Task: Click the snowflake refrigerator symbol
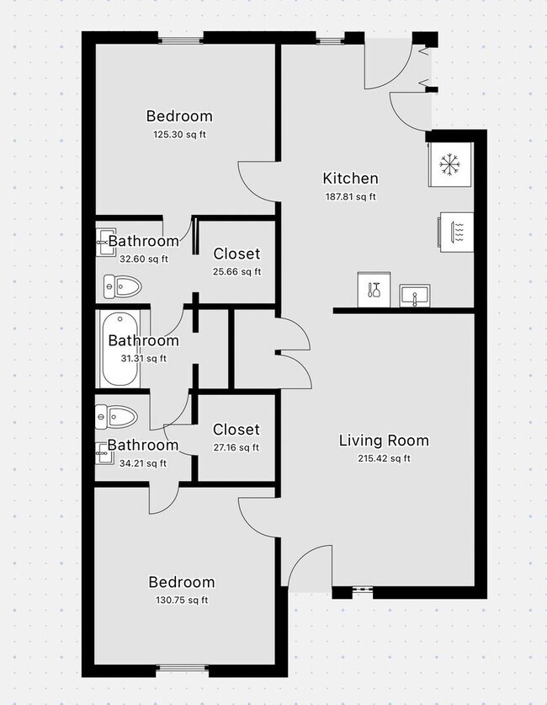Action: click(449, 164)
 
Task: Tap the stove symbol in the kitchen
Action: click(456, 232)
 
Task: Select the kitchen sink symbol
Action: click(415, 296)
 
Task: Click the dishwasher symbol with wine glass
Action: click(374, 290)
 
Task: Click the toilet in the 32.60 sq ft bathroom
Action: click(123, 286)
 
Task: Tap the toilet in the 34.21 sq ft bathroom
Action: click(116, 417)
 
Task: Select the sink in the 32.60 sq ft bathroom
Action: click(105, 242)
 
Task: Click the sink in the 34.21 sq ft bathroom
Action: click(104, 453)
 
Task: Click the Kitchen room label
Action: click(350, 178)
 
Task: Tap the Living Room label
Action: click(384, 441)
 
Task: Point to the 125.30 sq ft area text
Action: click(179, 135)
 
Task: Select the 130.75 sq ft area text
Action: click(182, 600)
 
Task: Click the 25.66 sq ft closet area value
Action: click(236, 271)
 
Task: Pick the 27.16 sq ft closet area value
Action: click(236, 447)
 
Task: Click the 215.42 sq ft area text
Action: click(384, 458)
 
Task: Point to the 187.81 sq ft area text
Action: click(350, 196)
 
